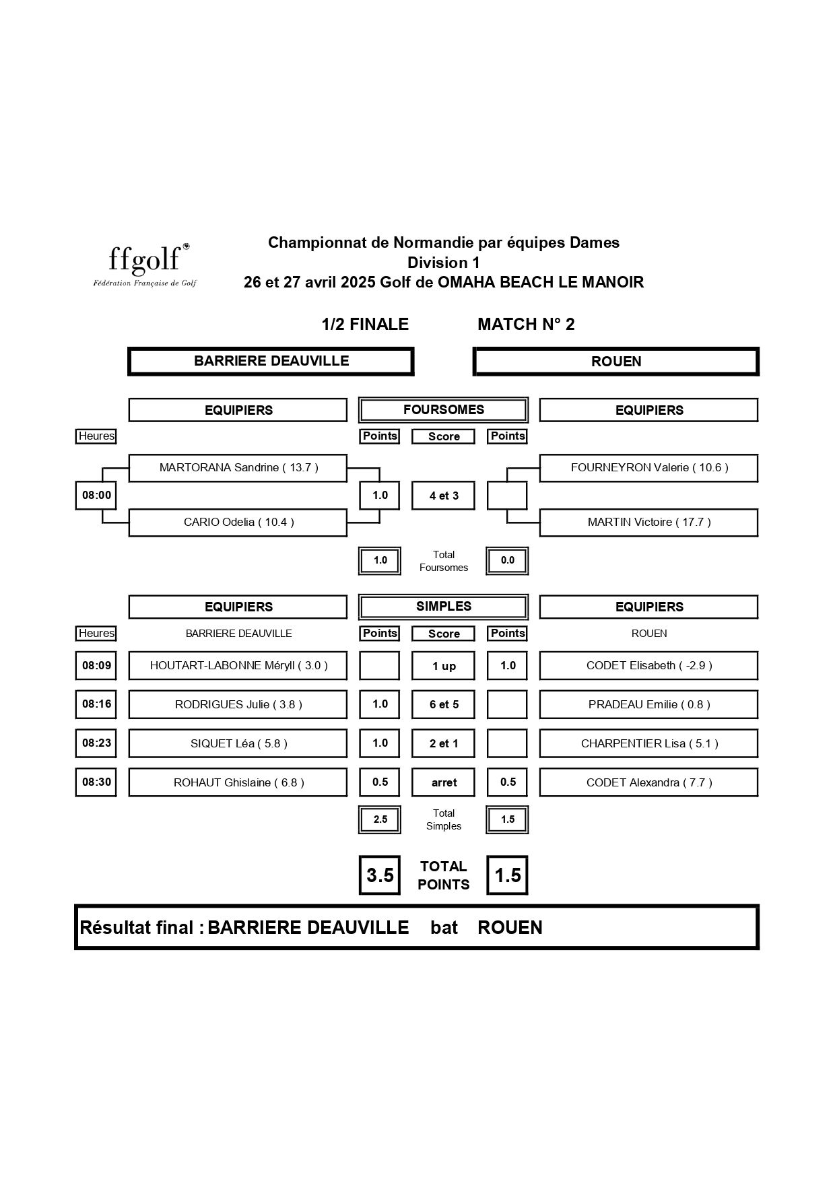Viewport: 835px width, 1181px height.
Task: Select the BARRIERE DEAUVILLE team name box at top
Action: tap(271, 362)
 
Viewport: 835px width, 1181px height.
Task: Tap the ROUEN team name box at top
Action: tap(616, 362)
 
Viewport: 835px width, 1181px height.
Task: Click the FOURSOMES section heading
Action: tap(443, 410)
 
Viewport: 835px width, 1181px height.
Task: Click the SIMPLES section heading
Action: tap(443, 607)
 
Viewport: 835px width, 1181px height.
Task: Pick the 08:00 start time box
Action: tap(96, 496)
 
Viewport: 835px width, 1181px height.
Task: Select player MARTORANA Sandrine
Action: tap(238, 468)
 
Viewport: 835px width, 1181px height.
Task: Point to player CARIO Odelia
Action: tap(238, 522)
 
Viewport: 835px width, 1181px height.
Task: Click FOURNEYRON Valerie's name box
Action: tap(649, 468)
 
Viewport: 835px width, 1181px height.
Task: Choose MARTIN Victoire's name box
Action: tap(649, 522)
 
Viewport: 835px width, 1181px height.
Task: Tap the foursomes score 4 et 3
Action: tap(444, 496)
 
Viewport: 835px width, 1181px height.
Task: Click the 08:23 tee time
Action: tap(96, 743)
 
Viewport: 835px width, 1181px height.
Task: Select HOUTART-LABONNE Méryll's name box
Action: tap(238, 666)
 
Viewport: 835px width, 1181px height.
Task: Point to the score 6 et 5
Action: tap(444, 705)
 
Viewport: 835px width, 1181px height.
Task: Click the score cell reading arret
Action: tap(444, 782)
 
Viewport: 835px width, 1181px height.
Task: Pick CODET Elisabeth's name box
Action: tap(649, 666)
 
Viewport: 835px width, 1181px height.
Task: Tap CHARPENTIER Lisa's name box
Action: tap(649, 744)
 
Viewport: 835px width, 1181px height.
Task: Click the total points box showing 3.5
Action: tap(380, 875)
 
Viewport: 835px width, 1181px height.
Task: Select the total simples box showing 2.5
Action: tap(380, 819)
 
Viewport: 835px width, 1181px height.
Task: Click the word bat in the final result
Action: tap(444, 928)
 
